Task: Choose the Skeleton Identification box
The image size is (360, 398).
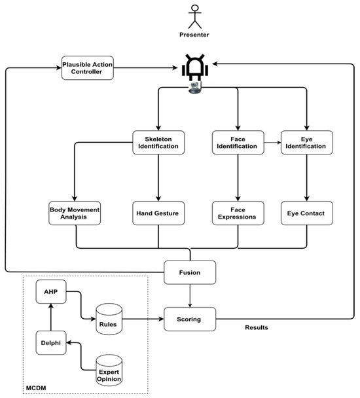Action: [158, 142]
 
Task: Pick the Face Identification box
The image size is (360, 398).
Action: [237, 142]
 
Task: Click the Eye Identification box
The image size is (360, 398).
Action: [306, 142]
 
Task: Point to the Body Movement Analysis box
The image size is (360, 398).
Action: [74, 213]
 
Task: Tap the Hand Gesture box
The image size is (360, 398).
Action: [158, 213]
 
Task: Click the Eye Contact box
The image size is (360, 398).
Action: [306, 213]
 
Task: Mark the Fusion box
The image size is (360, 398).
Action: [190, 272]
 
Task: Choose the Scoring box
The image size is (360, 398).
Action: [190, 319]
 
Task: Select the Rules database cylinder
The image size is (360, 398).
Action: [109, 317]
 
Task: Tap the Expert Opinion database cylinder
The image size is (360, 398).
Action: [109, 370]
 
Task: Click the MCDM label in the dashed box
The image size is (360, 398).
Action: [36, 391]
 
